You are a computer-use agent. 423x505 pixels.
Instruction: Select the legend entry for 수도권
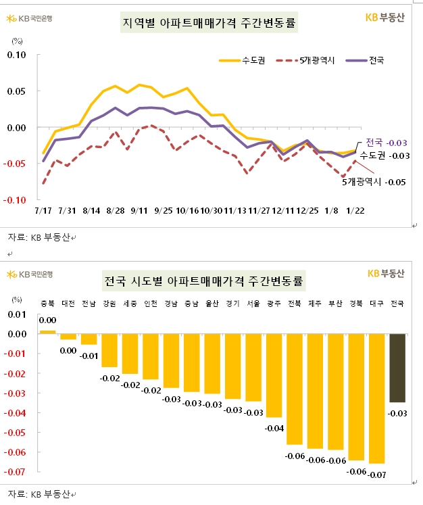[x=241, y=61]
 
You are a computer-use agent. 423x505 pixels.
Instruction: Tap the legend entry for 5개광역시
[x=307, y=61]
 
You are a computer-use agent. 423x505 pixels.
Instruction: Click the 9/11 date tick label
[x=140, y=211]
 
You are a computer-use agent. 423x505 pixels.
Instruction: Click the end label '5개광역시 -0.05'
[x=373, y=182]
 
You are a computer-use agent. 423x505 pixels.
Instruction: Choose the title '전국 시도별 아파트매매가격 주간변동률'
[x=203, y=280]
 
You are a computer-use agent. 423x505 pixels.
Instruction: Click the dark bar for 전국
[x=398, y=368]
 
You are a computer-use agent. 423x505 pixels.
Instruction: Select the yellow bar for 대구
[x=377, y=398]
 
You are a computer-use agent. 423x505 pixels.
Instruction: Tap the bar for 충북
[x=47, y=332]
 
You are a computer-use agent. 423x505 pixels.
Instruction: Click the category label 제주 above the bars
[x=316, y=303]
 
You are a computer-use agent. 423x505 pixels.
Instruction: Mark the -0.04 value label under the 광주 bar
[x=274, y=429]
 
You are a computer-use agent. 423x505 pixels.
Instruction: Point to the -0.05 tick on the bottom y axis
[x=16, y=432]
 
